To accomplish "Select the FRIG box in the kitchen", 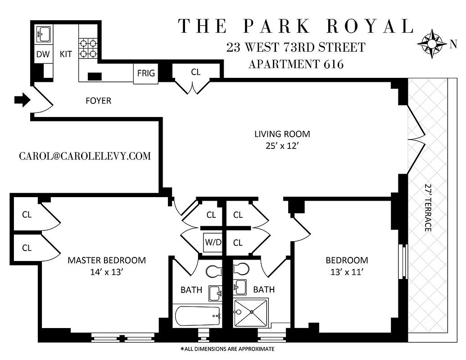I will pyautogui.click(x=146, y=73).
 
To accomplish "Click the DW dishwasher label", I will pyautogui.click(x=43, y=54).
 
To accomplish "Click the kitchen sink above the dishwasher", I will pyautogui.click(x=43, y=34).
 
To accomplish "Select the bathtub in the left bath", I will pyautogui.click(x=197, y=316).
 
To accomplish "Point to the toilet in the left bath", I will pyautogui.click(x=213, y=271).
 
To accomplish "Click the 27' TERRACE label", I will pyautogui.click(x=428, y=207).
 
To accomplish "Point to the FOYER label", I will pyautogui.click(x=98, y=101).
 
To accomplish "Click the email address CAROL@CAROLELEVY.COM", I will pyautogui.click(x=85, y=156).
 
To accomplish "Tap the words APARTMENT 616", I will pyautogui.click(x=296, y=64).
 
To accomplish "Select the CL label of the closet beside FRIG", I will pyautogui.click(x=195, y=72).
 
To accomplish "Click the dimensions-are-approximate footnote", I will pyautogui.click(x=227, y=349).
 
